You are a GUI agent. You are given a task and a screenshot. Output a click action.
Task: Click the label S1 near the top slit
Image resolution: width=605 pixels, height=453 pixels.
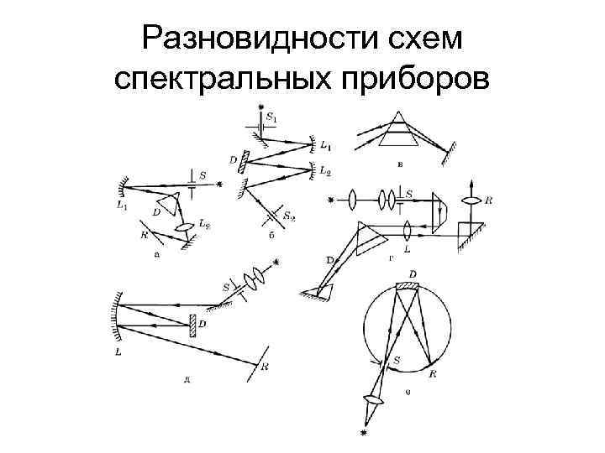(271, 118)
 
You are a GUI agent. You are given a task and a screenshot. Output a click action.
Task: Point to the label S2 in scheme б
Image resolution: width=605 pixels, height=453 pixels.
(290, 216)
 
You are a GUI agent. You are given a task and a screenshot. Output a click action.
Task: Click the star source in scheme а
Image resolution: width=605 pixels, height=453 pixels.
(220, 184)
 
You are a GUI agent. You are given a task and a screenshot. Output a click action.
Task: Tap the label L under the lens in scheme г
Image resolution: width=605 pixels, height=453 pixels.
(407, 249)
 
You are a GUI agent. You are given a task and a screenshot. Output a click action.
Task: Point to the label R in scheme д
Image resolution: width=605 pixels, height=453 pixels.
(266, 367)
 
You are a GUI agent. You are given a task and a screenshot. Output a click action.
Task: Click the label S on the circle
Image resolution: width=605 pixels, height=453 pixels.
(397, 360)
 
